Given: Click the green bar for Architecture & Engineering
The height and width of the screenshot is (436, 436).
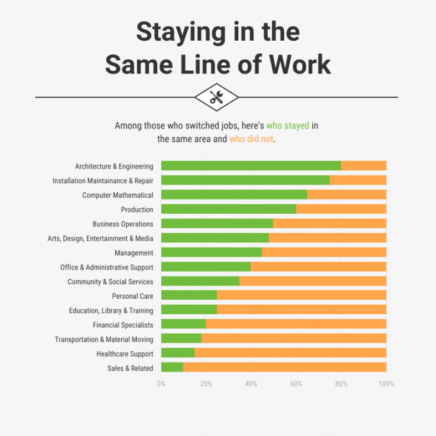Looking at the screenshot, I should (x=251, y=166).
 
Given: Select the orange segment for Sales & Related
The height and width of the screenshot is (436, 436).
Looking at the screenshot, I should (x=285, y=368).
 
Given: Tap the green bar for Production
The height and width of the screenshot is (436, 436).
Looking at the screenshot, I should (x=229, y=210).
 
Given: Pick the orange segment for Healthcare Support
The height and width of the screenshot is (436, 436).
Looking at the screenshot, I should (x=290, y=354).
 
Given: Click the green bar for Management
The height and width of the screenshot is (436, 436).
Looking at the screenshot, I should (x=211, y=253).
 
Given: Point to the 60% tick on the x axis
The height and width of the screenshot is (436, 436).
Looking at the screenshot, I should (x=296, y=384).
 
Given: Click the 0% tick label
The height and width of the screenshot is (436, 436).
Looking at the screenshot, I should (x=161, y=384).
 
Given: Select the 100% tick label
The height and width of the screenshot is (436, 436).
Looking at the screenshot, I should (x=386, y=384).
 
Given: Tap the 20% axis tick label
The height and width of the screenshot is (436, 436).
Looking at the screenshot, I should (x=206, y=384).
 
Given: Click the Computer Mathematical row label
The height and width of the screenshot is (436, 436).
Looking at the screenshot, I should (x=118, y=195).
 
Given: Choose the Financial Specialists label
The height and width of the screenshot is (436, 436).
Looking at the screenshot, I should (x=123, y=325).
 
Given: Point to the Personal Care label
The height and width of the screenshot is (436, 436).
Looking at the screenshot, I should (x=133, y=296).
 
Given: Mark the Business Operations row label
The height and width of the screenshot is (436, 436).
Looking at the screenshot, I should (x=123, y=224).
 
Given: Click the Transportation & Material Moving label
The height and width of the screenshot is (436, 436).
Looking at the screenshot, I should (x=104, y=339).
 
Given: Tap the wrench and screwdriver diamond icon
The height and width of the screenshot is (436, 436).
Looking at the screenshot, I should (x=217, y=97).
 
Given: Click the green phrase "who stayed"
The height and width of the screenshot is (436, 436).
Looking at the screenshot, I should (x=287, y=126).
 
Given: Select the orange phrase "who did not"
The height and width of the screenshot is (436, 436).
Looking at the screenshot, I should (x=251, y=139).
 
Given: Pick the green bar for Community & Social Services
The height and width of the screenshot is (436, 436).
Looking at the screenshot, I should (x=200, y=281).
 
